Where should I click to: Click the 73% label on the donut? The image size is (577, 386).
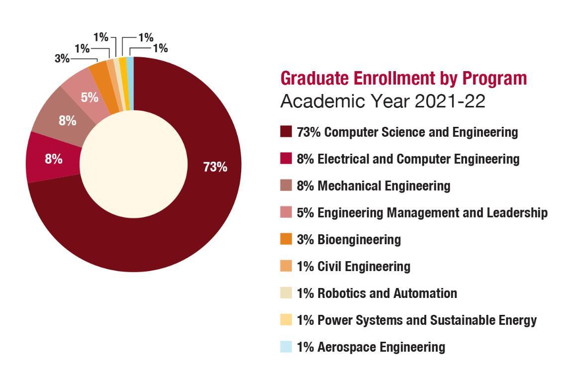(x=215, y=167)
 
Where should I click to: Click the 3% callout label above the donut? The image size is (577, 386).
(x=62, y=58)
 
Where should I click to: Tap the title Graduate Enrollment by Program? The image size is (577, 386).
(x=403, y=78)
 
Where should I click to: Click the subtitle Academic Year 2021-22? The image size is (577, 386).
(x=383, y=101)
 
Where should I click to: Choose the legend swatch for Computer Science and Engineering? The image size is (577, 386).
(x=286, y=132)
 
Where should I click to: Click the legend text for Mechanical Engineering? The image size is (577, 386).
(x=374, y=186)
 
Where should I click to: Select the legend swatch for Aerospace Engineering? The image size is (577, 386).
(x=286, y=347)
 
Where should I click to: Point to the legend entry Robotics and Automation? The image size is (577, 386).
(x=377, y=293)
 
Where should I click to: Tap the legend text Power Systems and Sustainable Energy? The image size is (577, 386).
(x=416, y=320)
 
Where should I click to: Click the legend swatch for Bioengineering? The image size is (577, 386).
(x=286, y=239)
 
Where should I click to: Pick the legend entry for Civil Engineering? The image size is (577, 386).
(x=353, y=267)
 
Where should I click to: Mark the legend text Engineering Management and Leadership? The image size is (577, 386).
(x=422, y=213)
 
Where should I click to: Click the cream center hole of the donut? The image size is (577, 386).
(x=134, y=164)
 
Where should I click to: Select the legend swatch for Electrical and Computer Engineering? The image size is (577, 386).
(x=286, y=159)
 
